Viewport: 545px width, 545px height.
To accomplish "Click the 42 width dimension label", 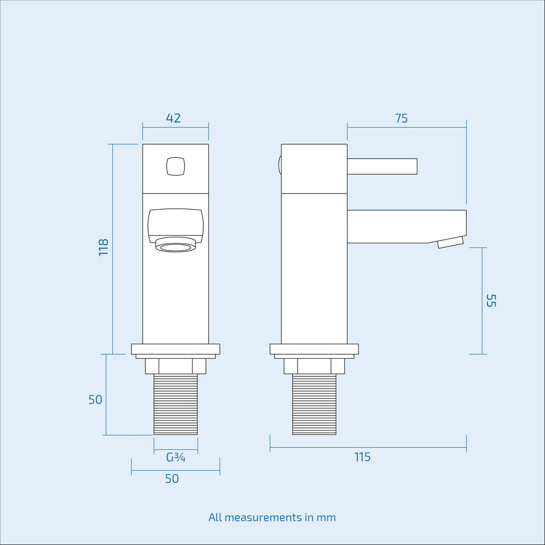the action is click(173, 118).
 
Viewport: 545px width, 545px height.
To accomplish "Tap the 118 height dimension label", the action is click(104, 247).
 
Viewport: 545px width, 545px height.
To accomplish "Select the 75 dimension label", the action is click(401, 119).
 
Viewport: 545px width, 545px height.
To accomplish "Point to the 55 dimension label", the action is click(491, 301).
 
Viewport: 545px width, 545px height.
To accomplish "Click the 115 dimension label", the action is click(362, 457).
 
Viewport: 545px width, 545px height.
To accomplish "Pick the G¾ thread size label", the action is click(176, 457).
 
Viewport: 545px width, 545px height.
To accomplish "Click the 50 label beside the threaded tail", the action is click(95, 400).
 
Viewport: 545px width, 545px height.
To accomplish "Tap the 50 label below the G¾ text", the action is click(172, 478).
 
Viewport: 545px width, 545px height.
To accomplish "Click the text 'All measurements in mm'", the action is click(272, 517).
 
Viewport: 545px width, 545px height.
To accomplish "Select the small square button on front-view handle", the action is click(176, 167).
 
